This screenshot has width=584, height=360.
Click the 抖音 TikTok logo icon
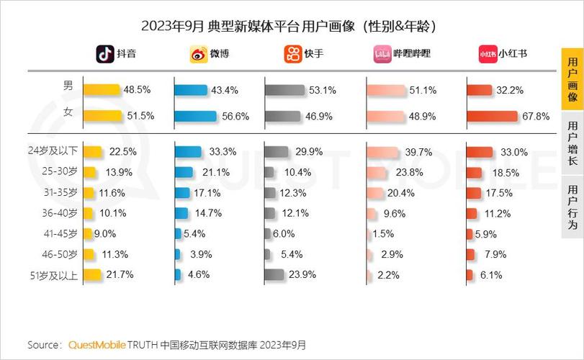(x=106, y=54)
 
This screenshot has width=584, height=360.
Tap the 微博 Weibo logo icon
(x=198, y=55)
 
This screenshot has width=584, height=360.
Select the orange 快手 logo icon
(x=292, y=54)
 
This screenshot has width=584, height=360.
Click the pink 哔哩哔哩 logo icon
(x=382, y=55)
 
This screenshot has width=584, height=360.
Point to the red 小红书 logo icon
(x=488, y=54)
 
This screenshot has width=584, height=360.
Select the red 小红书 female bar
(x=492, y=116)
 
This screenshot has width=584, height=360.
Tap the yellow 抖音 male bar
(x=102, y=90)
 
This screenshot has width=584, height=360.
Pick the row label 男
(x=68, y=86)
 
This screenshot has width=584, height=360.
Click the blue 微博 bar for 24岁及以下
(x=188, y=151)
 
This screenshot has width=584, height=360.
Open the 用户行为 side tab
(x=572, y=207)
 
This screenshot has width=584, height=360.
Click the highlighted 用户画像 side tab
(x=572, y=78)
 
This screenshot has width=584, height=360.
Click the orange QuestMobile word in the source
(x=97, y=345)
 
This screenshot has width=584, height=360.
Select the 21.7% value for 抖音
(x=120, y=274)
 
